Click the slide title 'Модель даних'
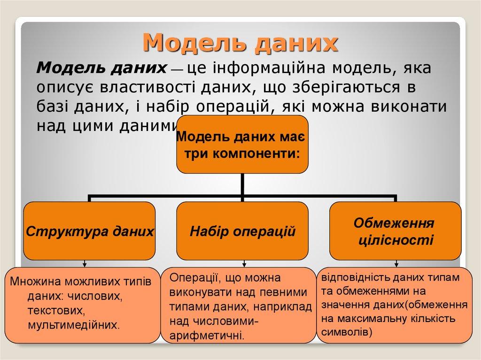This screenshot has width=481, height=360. pyautogui.click(x=240, y=43)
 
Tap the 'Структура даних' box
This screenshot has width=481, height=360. pyautogui.click(x=89, y=231)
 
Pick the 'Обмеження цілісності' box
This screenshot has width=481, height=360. pyautogui.click(x=395, y=231)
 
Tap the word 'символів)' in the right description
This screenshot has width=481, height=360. pyautogui.click(x=346, y=332)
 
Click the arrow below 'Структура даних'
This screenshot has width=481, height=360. pyautogui.click(x=85, y=264)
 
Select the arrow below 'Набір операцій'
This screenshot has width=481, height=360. pyautogui.click(x=244, y=264)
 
